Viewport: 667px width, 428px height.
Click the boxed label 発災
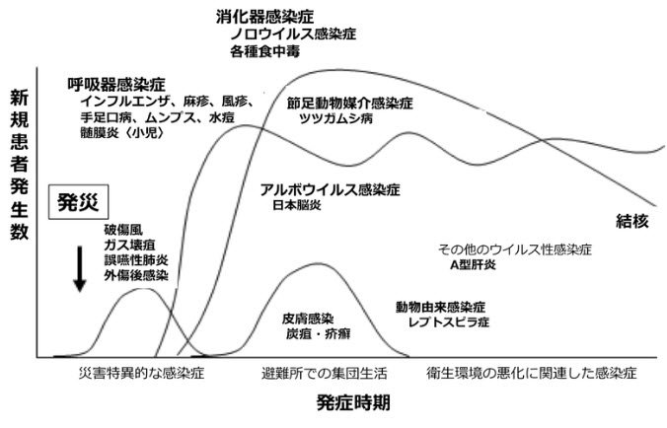[78, 202]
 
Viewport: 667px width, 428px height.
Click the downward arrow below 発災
[80, 269]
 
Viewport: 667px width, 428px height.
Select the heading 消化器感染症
[264, 17]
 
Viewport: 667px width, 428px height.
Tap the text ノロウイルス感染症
[293, 34]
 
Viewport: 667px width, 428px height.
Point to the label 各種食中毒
[264, 51]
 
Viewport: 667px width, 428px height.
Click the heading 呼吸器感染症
[116, 85]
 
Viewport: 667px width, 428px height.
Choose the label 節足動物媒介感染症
[349, 104]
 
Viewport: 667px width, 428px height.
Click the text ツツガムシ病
[336, 118]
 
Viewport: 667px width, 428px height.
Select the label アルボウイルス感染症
[331, 189]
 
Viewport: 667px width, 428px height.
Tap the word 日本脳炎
[297, 205]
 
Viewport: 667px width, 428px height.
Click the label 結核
[632, 222]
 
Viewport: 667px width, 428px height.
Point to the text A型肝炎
[473, 265]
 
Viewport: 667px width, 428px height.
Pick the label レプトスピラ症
[449, 322]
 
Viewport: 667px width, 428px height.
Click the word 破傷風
[123, 230]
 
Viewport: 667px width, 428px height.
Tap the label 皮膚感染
[308, 319]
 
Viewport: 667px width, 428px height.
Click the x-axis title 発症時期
[353, 402]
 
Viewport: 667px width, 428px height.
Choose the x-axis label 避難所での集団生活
[325, 374]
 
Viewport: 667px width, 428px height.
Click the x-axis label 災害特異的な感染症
[142, 373]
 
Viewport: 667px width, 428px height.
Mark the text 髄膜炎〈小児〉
[122, 132]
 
